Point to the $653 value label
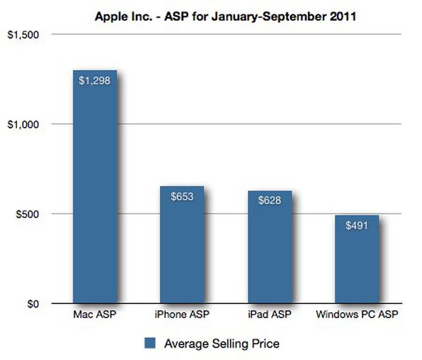[x=182, y=197]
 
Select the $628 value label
[x=269, y=201]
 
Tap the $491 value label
[x=357, y=225]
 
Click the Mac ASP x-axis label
[x=94, y=315]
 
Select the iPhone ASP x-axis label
[x=182, y=315]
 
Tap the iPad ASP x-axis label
[x=269, y=315]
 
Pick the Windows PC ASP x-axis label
[x=357, y=315]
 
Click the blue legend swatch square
[x=150, y=344]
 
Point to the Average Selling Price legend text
[x=222, y=344]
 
